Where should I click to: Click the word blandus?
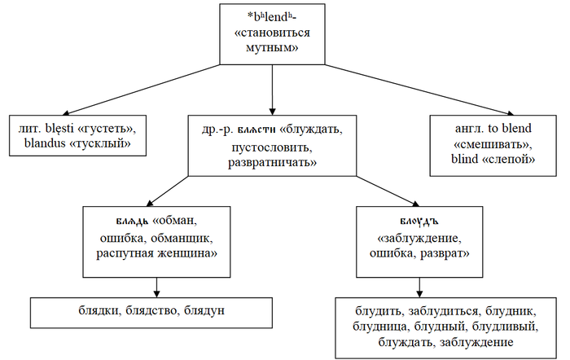[x=46, y=145]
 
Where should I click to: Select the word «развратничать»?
[x=272, y=164]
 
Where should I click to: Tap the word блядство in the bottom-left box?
[x=151, y=310]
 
